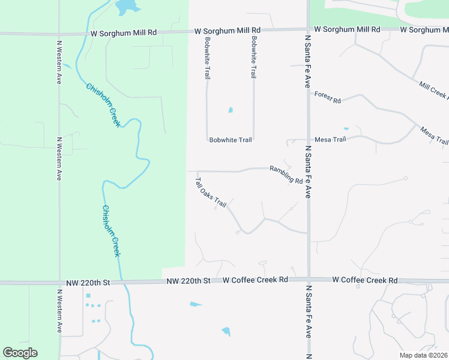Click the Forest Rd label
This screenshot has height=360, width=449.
(327, 97)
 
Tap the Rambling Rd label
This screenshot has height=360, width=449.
(286, 175)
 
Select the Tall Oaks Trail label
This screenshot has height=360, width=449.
(211, 192)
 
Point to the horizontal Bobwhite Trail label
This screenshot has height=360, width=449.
(231, 140)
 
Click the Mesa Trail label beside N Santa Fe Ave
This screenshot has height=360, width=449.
(331, 140)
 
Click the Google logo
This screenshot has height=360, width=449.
(20, 353)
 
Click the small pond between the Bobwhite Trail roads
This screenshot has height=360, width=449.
(230, 110)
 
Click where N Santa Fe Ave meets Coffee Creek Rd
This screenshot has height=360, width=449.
(308, 280)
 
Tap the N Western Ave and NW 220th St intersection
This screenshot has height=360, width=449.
(59, 282)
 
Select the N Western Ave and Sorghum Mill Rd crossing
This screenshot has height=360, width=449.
(59, 34)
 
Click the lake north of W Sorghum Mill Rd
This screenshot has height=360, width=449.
(127, 7)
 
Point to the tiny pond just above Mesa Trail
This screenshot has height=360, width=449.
(346, 128)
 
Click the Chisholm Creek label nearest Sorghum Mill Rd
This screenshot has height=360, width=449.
(103, 105)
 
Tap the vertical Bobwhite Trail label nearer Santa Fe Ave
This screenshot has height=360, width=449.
(255, 57)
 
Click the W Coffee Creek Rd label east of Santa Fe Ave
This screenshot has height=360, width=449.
(364, 280)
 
